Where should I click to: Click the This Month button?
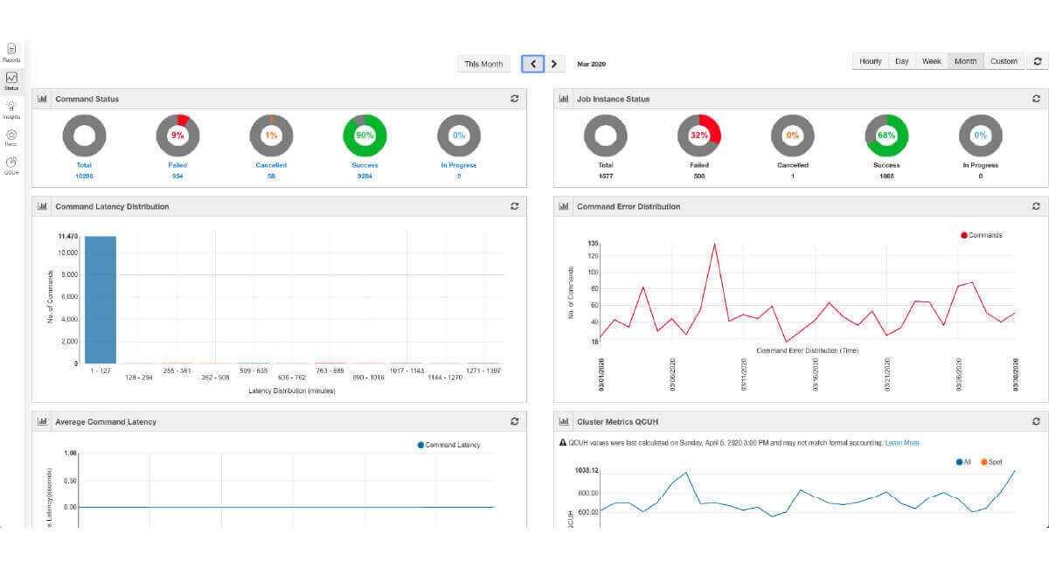tap(483, 64)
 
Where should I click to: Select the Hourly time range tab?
tap(871, 61)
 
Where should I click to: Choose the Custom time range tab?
tap(1004, 61)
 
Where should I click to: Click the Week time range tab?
tap(932, 61)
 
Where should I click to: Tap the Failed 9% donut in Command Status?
tap(177, 135)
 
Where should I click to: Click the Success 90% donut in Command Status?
tap(365, 135)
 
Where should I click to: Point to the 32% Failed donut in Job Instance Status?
tap(698, 135)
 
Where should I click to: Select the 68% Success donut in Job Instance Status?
tap(886, 135)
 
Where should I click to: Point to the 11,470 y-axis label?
tap(68, 237)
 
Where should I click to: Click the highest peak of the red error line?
tap(714, 245)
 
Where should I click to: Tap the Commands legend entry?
tap(982, 235)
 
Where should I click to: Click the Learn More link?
tap(902, 443)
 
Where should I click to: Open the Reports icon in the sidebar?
tap(12, 52)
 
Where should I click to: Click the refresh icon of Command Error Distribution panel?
tap(1036, 206)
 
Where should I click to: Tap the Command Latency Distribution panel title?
tap(112, 207)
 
